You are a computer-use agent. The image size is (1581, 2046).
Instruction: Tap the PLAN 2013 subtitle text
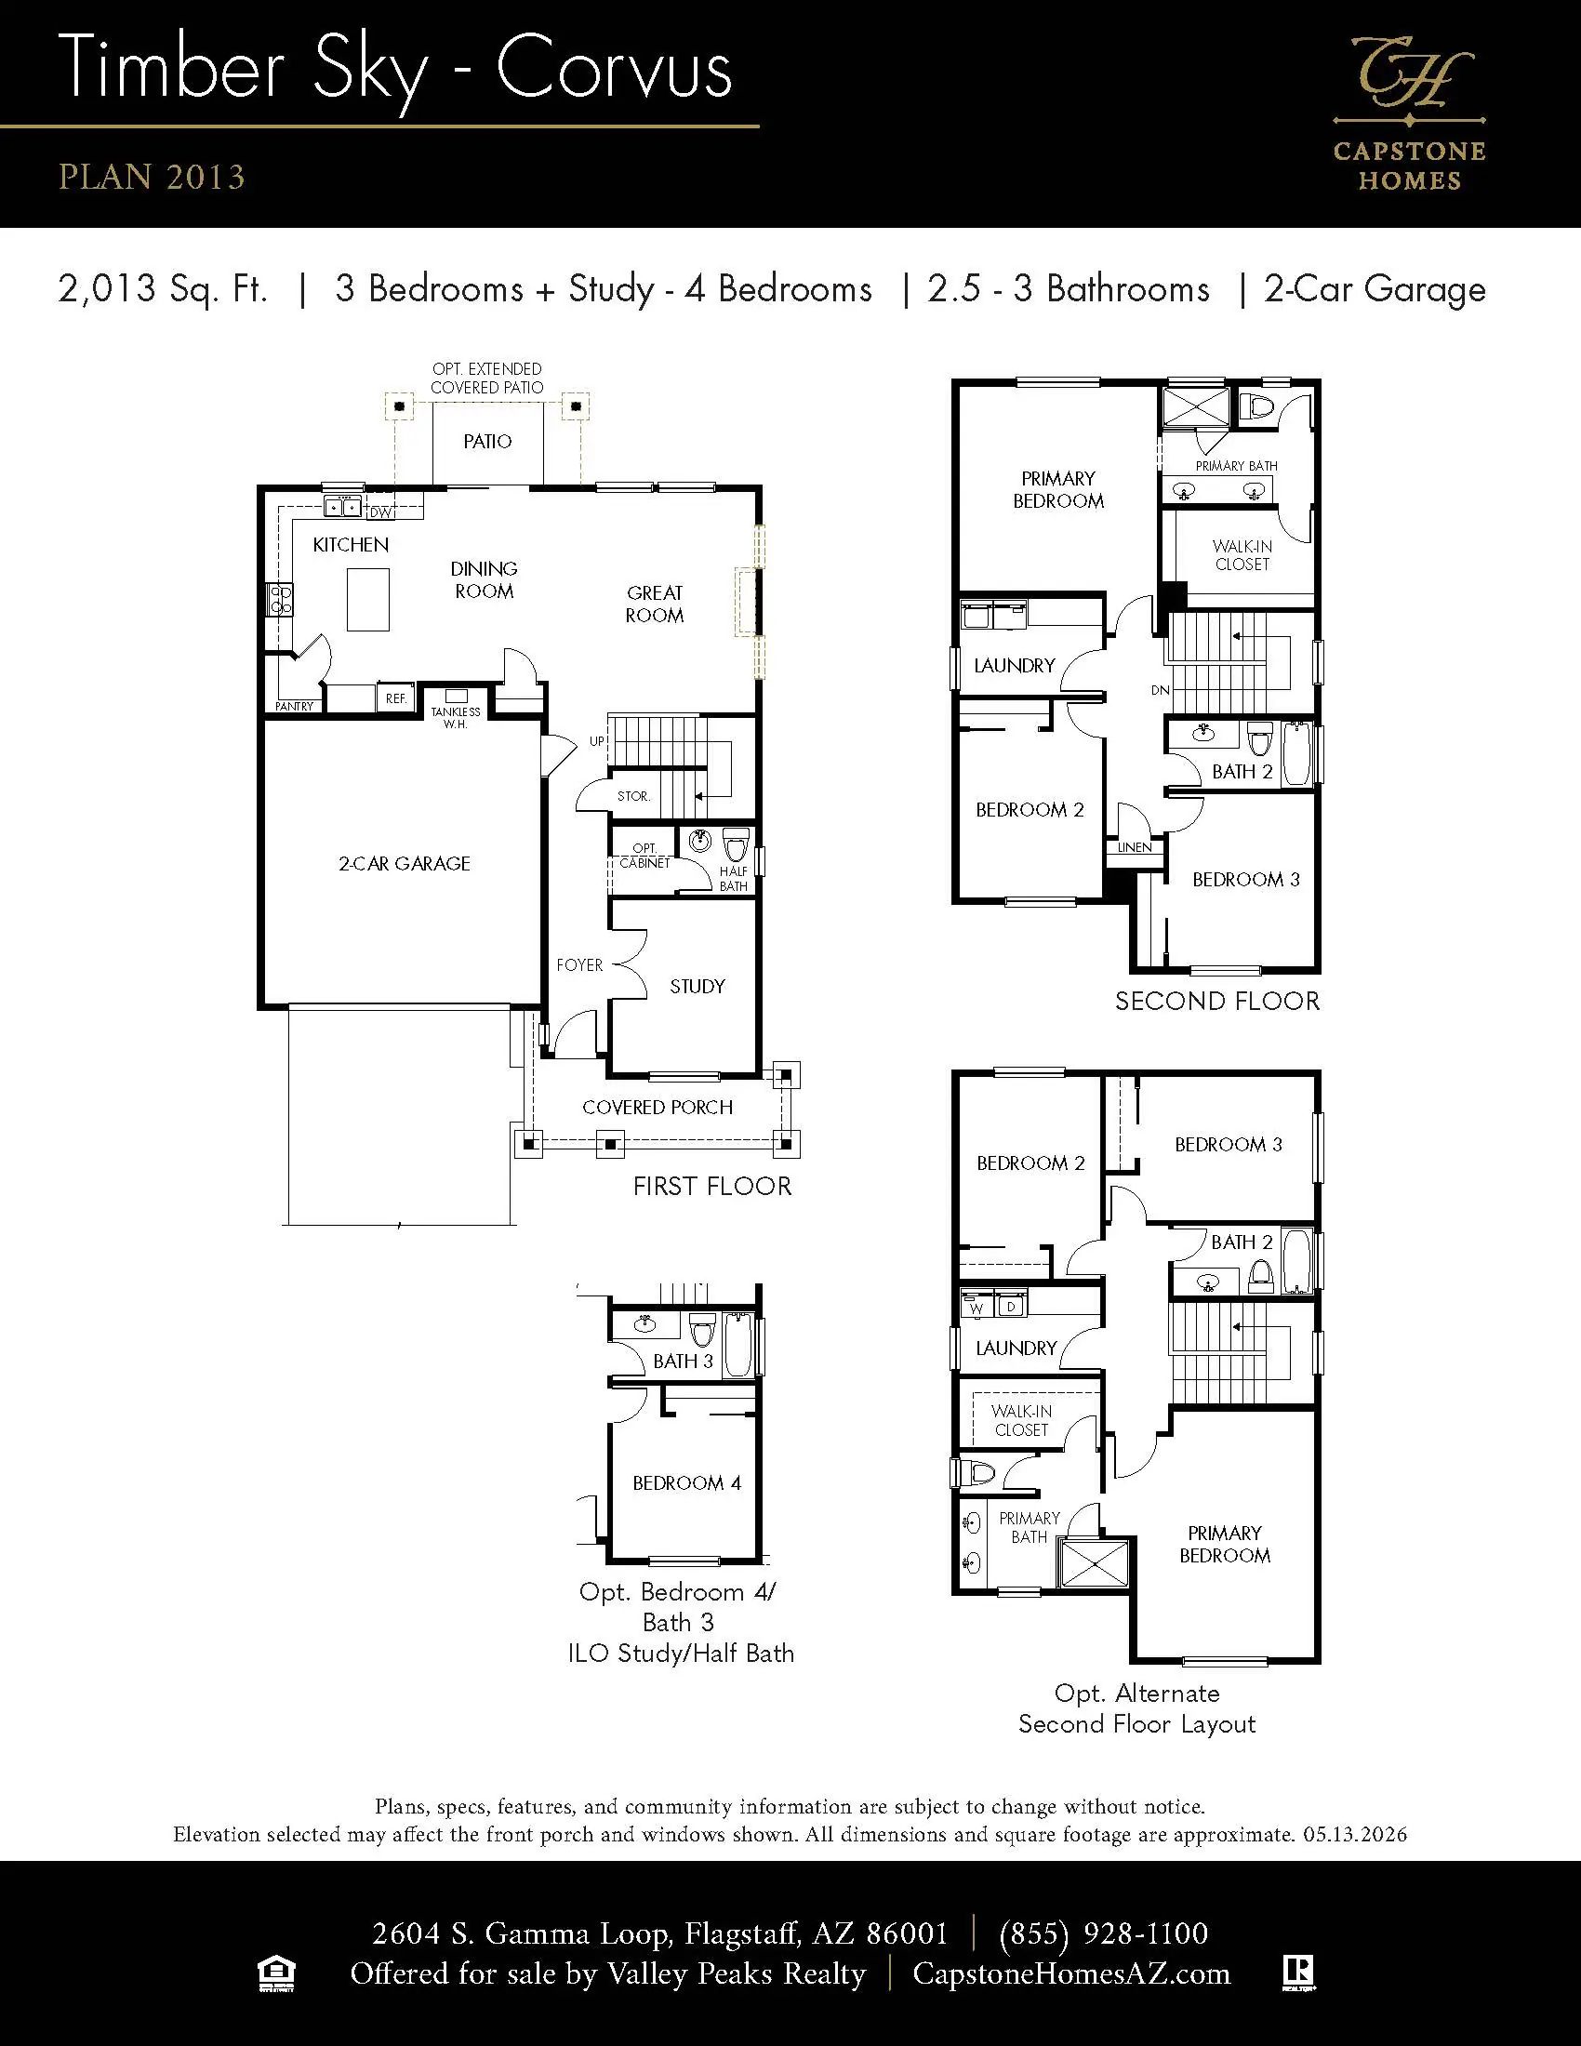pos(152,177)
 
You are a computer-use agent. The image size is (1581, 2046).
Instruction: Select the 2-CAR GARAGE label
pos(405,863)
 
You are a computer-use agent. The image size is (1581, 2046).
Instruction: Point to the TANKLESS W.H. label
pos(455,718)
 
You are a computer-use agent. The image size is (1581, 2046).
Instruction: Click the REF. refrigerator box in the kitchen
pos(396,697)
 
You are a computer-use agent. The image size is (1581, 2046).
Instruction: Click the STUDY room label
pos(697,986)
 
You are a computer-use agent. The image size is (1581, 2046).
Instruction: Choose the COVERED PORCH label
pos(658,1107)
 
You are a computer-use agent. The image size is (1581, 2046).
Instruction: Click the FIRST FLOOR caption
pos(711,1186)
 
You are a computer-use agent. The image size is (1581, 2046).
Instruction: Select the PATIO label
pos(487,441)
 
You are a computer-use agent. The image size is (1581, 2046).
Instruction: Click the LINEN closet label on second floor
pos(1135,847)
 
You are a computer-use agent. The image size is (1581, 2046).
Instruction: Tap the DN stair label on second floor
pos(1161,690)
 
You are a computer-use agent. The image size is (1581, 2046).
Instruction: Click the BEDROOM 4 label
pos(686,1482)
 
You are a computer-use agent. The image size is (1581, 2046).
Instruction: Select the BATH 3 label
pos(683,1361)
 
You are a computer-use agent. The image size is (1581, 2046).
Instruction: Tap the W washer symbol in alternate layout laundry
pos(976,1308)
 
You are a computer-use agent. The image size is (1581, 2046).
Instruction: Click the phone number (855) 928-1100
pos(1104,1933)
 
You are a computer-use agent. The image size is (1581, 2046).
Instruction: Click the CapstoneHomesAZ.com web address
pos(1071,1973)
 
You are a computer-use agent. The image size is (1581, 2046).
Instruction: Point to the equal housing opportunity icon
pos(276,1973)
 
